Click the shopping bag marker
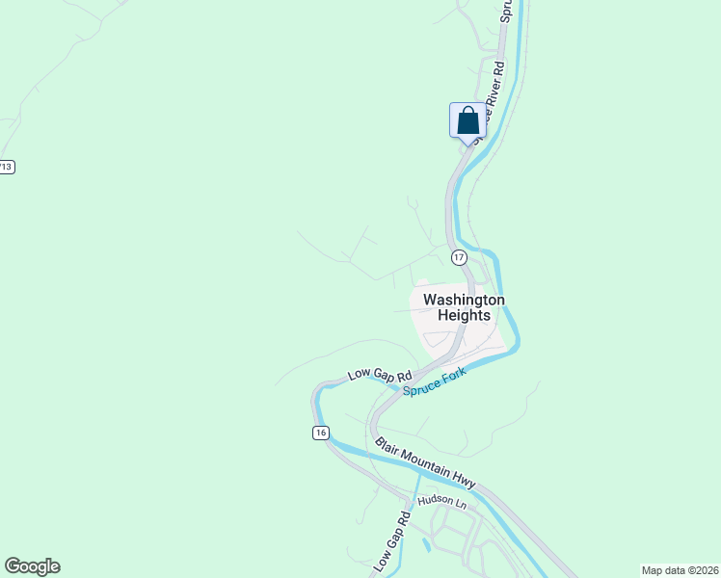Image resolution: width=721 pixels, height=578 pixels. pos(467,121)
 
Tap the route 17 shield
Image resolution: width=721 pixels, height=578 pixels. pos(458,257)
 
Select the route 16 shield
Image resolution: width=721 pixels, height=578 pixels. pos(320,433)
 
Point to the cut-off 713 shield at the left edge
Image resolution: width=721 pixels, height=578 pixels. pos(6,167)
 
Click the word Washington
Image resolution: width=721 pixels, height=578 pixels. pos(464,300)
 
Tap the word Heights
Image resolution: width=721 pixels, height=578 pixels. pos(464,315)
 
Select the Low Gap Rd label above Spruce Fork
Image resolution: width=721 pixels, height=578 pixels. pos(380,375)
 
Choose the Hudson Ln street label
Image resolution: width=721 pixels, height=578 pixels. pos(448,503)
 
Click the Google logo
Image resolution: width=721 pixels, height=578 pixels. pos(32,566)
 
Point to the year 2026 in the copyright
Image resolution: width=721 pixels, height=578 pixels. pos(704,570)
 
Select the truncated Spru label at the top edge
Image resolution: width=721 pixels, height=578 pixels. pos(505,11)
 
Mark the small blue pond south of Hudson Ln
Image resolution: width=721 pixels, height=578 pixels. pos(426,545)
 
